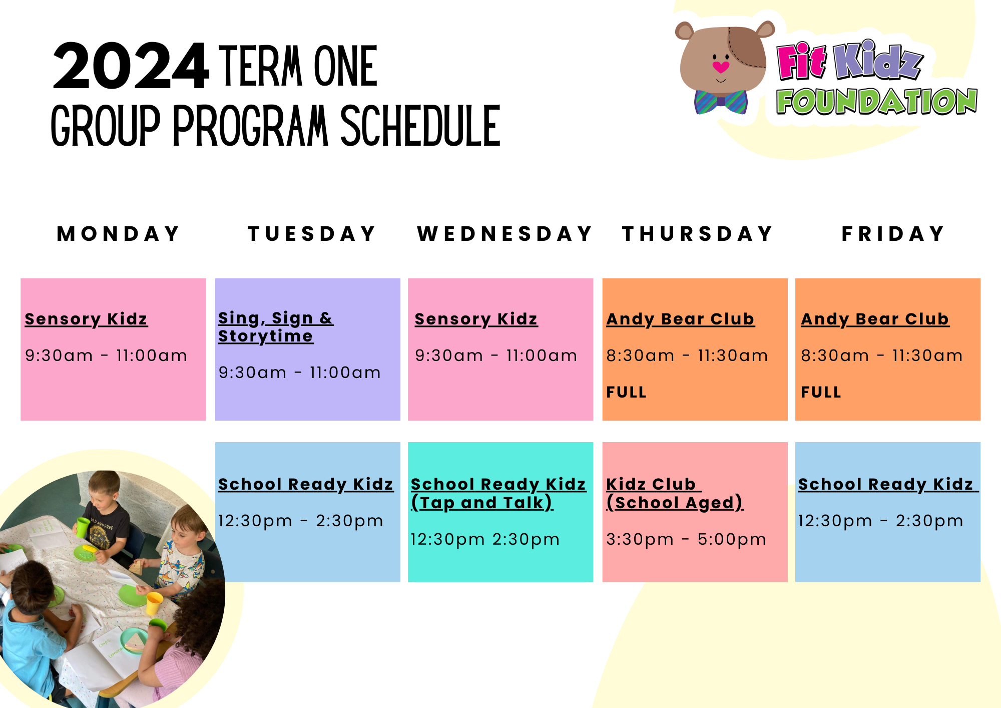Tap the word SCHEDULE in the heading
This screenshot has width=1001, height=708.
[420, 126]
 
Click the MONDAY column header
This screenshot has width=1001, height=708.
[119, 234]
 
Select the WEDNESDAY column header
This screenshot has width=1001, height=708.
[505, 234]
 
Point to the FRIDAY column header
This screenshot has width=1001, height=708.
[893, 234]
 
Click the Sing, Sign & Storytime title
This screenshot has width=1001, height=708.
[275, 327]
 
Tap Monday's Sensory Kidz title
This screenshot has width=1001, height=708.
[86, 319]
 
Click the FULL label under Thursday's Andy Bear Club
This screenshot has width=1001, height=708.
[626, 392]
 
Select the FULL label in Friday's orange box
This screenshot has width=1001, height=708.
[821, 392]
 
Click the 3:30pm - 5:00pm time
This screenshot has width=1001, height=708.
[686, 539]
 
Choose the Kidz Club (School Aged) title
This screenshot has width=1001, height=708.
[675, 493]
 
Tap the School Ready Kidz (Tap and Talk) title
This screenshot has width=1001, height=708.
[498, 493]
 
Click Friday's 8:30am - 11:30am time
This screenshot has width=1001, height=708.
[882, 356]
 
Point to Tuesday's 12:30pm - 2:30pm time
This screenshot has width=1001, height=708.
[300, 521]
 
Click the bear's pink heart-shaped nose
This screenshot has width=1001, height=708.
[721, 67]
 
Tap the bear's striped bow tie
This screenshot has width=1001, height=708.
[721, 102]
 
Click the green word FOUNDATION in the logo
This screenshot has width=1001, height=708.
[876, 102]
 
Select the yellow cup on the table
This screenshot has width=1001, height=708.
[154, 603]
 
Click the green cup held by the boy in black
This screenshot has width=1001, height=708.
[82, 527]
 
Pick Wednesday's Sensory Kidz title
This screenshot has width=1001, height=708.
[476, 319]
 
